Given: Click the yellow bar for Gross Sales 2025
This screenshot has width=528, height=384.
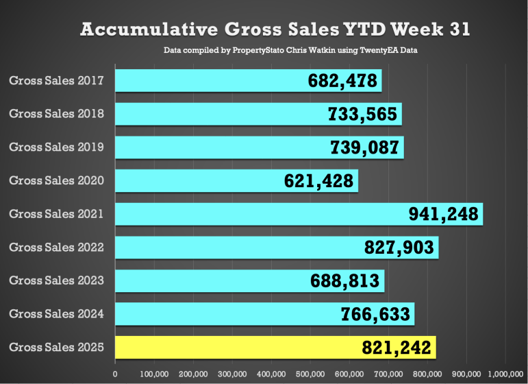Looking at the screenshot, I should point(274,348).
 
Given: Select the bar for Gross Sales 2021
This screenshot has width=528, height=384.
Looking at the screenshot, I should point(299,214).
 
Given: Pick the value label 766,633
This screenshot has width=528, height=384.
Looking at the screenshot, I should point(376,314).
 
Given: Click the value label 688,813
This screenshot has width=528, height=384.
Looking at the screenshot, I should point(347,281).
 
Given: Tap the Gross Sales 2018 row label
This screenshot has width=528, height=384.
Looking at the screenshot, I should point(56,114).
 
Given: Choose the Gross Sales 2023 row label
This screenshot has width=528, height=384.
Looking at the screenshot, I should point(56,280).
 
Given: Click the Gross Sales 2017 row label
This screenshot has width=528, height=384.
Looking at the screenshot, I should point(56,81).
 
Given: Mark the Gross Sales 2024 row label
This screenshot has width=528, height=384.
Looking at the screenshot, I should point(56,314).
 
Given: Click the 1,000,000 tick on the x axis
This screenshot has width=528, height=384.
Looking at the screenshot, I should point(505,374).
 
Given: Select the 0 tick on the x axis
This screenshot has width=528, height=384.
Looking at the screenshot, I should point(115,374).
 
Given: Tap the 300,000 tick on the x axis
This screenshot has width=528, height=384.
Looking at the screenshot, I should point(232,374).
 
